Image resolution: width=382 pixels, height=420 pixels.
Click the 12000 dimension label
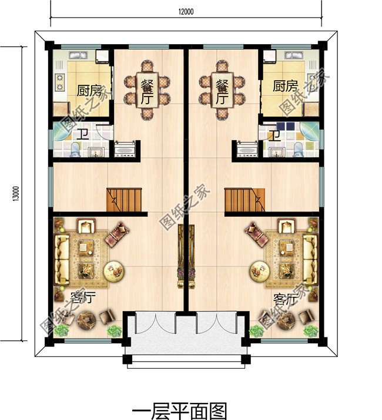(186, 12)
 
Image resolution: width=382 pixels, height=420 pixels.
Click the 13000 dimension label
(16, 193)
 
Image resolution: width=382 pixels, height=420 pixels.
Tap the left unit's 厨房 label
(89, 91)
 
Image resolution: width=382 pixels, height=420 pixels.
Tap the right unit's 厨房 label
(285, 86)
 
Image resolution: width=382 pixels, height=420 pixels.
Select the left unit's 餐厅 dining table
(147, 90)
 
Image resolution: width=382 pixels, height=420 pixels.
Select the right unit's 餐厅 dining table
(222, 90)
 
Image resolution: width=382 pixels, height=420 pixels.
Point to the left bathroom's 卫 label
(83, 134)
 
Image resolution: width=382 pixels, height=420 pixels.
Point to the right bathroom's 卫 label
(275, 136)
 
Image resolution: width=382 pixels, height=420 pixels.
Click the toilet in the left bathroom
(75, 150)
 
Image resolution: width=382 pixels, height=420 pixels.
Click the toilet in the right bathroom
(298, 150)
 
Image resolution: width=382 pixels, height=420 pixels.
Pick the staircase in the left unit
(124, 200)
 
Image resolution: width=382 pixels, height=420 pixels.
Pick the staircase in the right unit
(244, 200)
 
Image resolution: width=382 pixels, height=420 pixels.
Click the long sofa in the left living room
(62, 259)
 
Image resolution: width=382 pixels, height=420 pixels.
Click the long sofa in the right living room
(310, 259)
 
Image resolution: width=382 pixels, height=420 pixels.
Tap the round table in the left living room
(114, 271)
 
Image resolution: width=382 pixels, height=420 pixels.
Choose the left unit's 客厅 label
(83, 297)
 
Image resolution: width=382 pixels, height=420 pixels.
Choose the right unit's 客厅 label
(286, 299)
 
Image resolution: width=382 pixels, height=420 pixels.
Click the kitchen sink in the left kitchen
(78, 55)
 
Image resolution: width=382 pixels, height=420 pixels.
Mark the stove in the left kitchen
(60, 82)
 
